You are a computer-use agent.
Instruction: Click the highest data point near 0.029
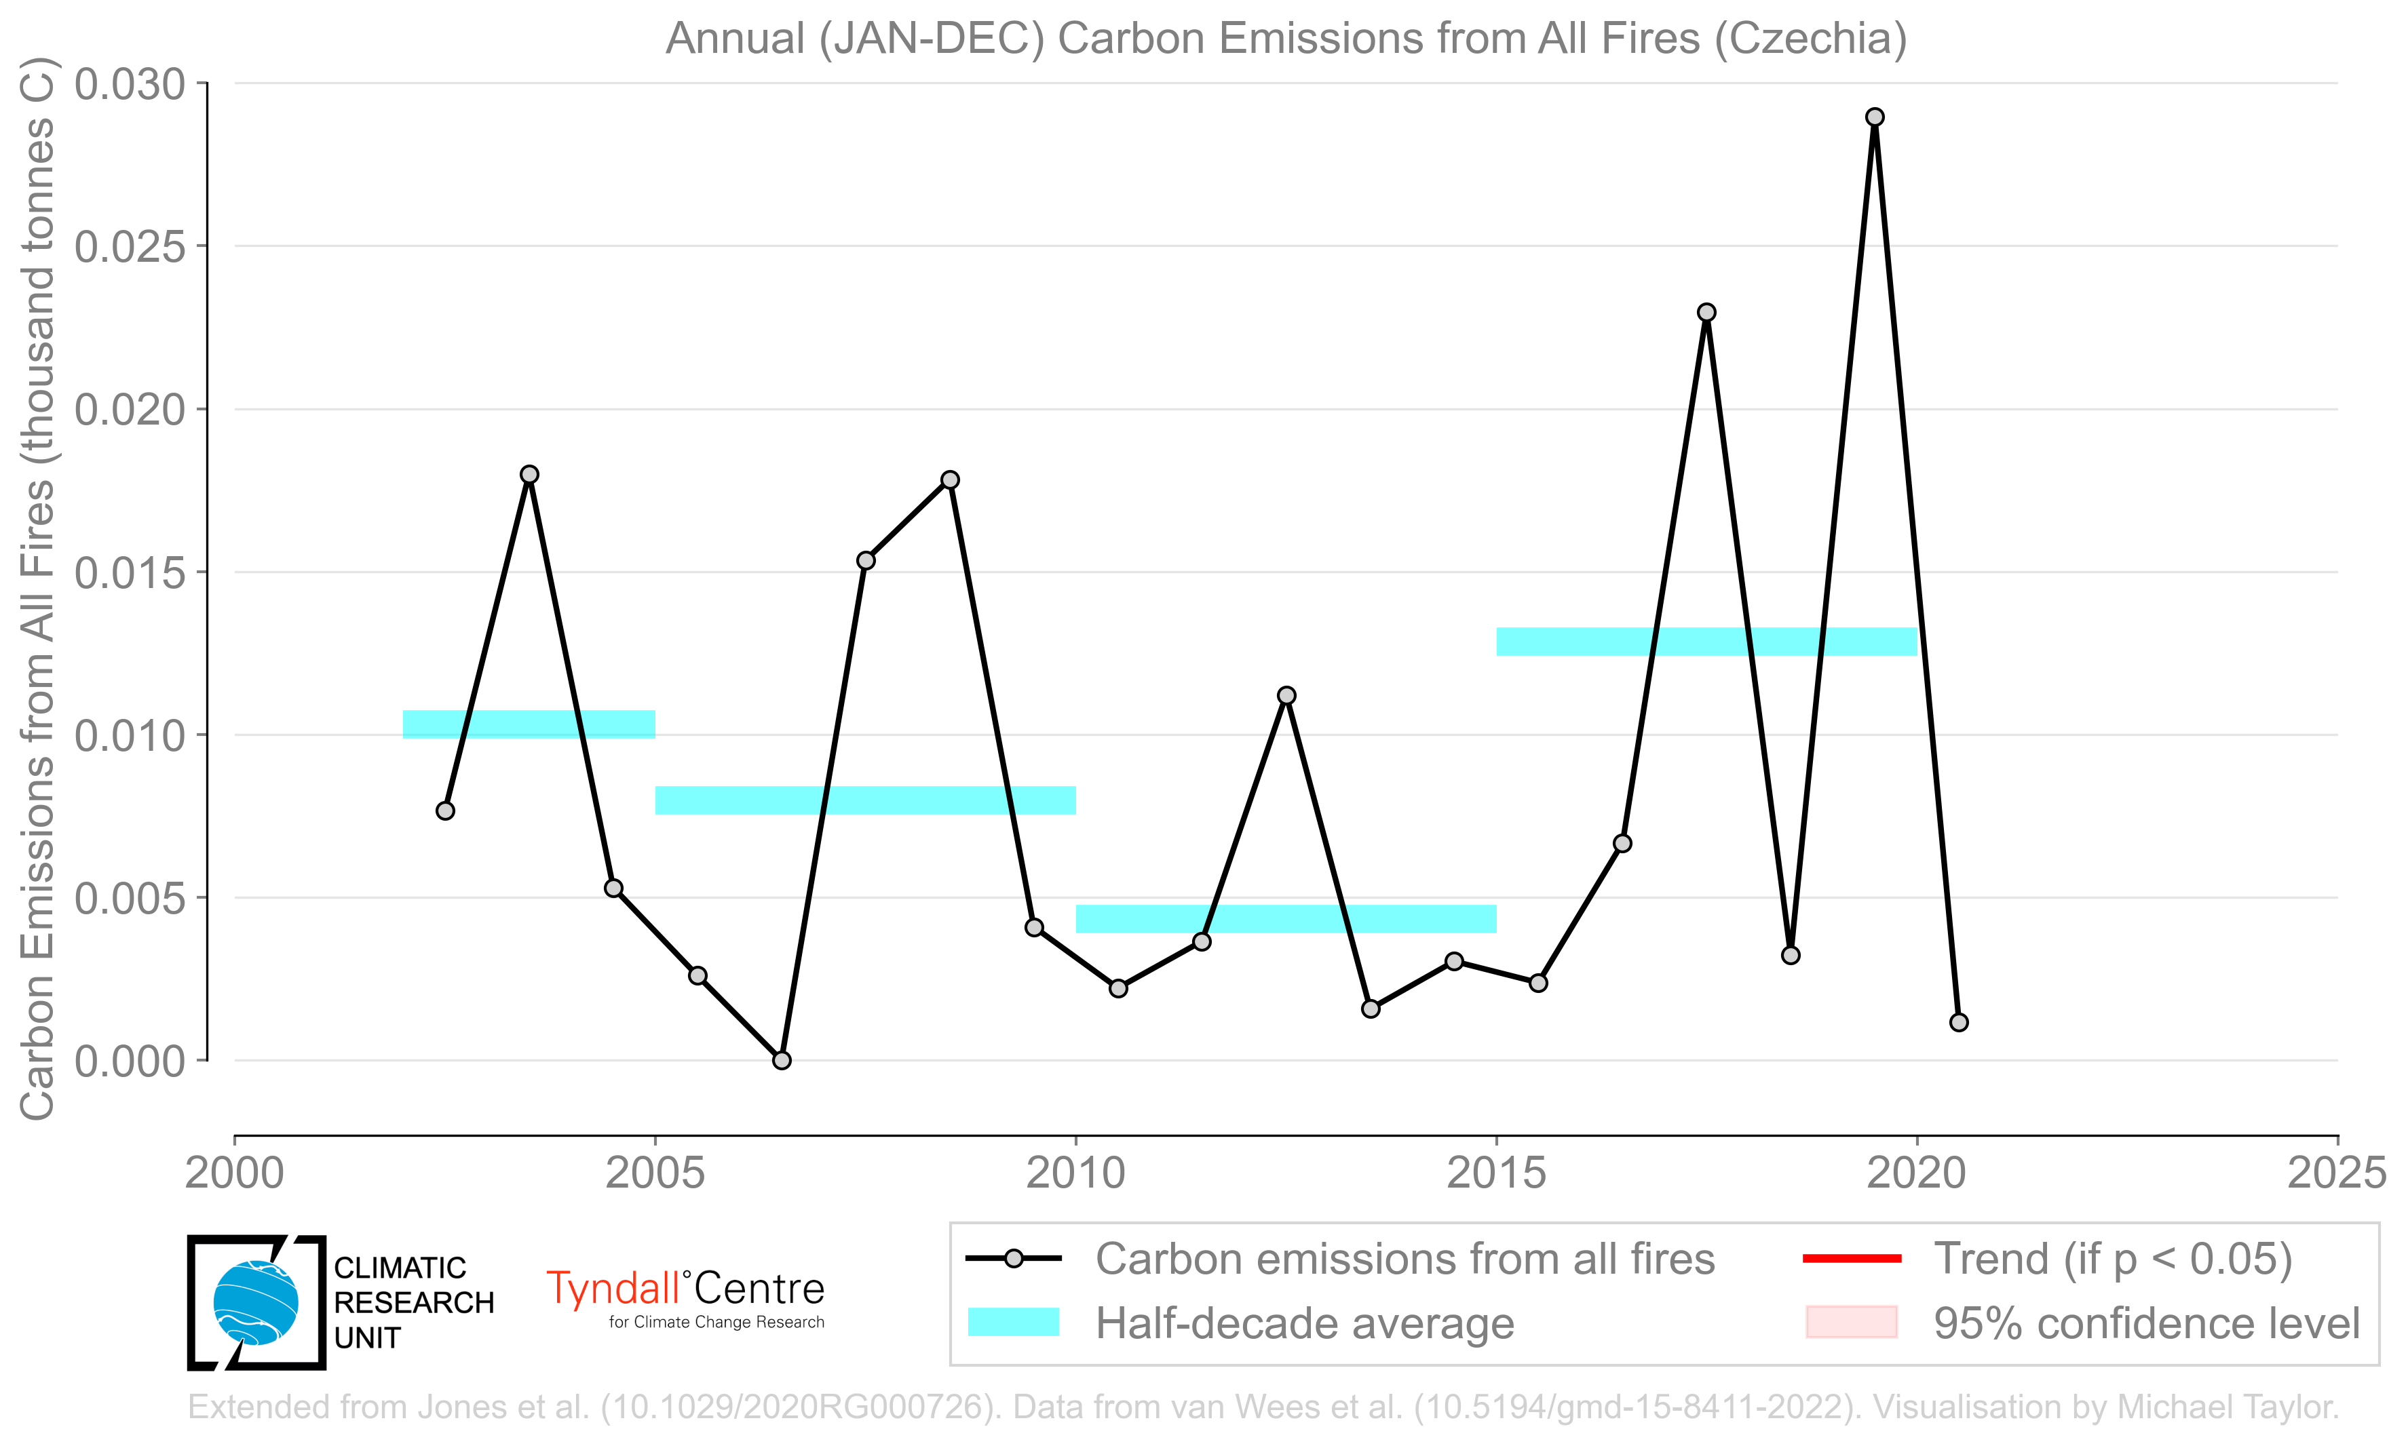coord(1874,117)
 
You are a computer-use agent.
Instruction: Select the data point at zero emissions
coord(782,1060)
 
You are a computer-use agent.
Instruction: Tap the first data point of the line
coord(445,810)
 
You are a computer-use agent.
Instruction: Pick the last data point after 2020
coord(1959,1022)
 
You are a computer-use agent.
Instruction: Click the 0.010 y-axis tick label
coord(130,736)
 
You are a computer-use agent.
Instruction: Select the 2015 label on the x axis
coord(1496,1173)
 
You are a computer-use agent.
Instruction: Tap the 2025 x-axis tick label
coord(2337,1173)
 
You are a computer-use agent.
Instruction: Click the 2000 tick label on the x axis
coord(235,1173)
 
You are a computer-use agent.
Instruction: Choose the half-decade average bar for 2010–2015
coord(1286,919)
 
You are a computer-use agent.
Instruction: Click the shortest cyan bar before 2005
coord(529,724)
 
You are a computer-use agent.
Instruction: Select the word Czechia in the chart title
coord(1810,39)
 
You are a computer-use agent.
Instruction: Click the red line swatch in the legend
coord(1852,1259)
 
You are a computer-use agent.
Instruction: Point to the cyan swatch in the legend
coord(1014,1323)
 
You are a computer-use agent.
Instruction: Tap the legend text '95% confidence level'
coord(2147,1323)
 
